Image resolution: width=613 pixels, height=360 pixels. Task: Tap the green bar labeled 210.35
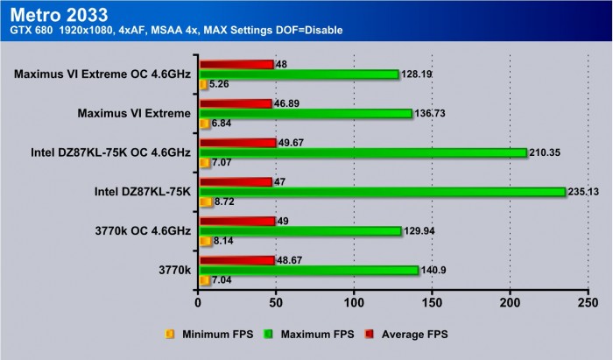point(363,152)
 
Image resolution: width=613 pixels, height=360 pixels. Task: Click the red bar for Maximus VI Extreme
point(236,102)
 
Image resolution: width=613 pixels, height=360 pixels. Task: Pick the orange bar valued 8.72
point(205,202)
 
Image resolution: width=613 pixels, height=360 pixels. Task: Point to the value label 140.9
point(437,270)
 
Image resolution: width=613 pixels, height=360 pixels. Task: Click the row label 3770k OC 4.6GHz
point(142,231)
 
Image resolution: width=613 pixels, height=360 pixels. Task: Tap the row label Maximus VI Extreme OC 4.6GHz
point(102,74)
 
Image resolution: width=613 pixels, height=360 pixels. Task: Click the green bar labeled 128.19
point(299,74)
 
